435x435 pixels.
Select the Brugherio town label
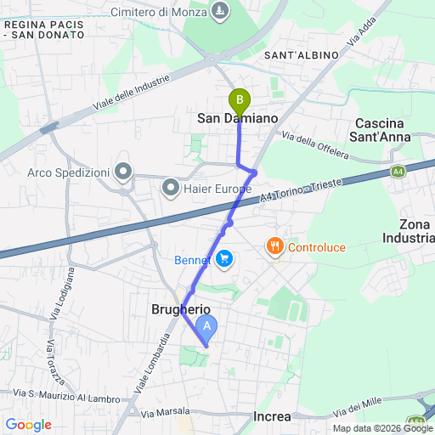181,309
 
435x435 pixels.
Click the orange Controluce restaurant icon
274,247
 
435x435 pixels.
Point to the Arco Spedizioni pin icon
124,172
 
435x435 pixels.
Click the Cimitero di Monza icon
221,12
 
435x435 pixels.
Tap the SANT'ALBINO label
302,55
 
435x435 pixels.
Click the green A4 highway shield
398,172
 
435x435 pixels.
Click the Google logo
28,425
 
